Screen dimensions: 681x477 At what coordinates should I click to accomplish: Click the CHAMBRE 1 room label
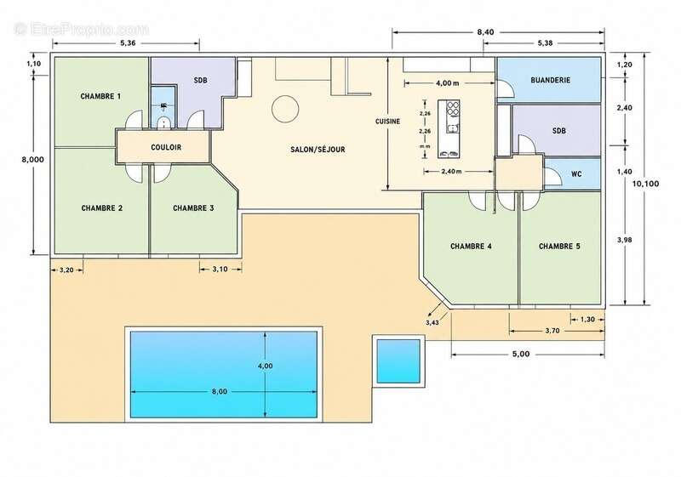pyautogui.click(x=100, y=96)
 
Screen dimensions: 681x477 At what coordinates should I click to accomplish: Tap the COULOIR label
pyautogui.click(x=166, y=147)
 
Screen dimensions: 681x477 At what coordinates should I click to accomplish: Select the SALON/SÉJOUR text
pyautogui.click(x=318, y=150)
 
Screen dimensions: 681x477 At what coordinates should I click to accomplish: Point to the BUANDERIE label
pyautogui.click(x=550, y=80)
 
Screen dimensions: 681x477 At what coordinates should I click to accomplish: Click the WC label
pyautogui.click(x=576, y=174)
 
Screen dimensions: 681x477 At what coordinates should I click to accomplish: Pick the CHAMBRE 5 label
pyautogui.click(x=559, y=247)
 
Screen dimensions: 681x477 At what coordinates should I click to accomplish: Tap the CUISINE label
pyautogui.click(x=388, y=122)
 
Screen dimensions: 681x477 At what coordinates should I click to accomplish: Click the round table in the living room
pyautogui.click(x=285, y=109)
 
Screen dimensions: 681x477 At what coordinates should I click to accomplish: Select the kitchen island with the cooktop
pyautogui.click(x=449, y=128)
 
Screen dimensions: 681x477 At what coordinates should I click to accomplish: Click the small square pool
pyautogui.click(x=398, y=361)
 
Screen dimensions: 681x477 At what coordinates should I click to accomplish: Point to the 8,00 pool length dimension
pyautogui.click(x=220, y=392)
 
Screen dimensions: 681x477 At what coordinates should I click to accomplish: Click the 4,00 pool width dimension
pyautogui.click(x=266, y=366)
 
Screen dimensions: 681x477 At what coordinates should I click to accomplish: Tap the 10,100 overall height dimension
pyautogui.click(x=645, y=184)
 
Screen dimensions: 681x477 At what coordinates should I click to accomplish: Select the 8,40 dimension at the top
pyautogui.click(x=485, y=32)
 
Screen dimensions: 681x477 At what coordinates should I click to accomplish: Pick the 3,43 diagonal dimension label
pyautogui.click(x=432, y=322)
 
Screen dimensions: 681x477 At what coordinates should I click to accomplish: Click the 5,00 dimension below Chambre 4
pyautogui.click(x=521, y=354)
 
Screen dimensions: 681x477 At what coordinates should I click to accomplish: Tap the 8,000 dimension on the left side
pyautogui.click(x=33, y=160)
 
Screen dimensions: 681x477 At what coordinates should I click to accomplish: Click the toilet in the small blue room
pyautogui.click(x=163, y=122)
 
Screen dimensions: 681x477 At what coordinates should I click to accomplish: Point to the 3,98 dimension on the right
pyautogui.click(x=625, y=240)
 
